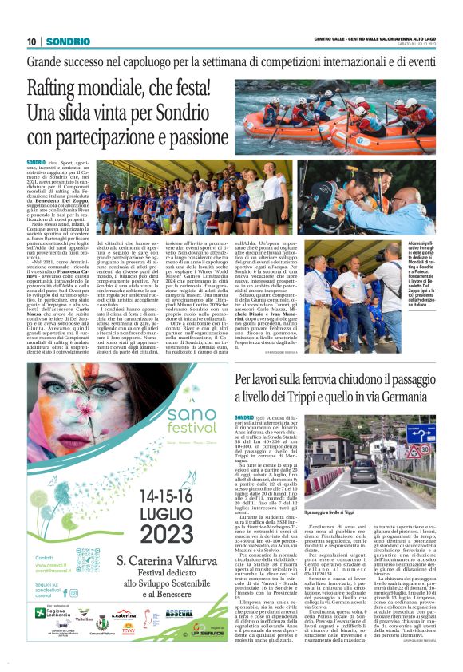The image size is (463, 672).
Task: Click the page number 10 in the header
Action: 31,42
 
